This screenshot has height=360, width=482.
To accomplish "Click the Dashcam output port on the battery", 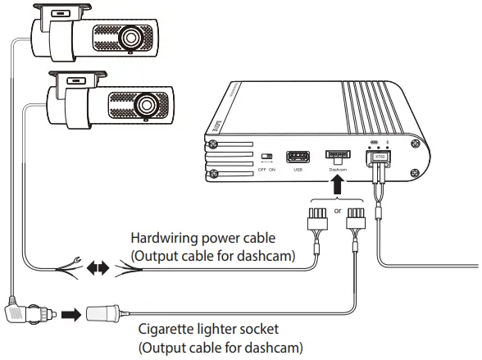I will (x=338, y=154).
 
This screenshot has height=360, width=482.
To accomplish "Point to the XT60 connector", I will (x=379, y=157).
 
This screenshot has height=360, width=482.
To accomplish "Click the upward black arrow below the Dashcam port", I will (x=338, y=185).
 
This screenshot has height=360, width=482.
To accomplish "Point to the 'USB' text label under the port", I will (x=296, y=171).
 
